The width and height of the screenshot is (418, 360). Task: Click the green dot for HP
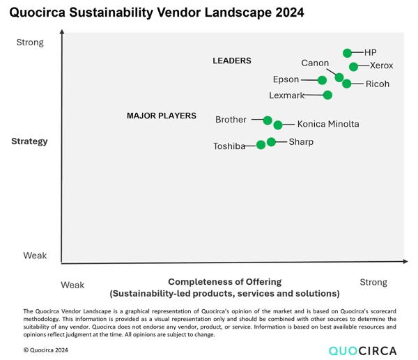[348, 53]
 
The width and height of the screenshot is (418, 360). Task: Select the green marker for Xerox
[354, 67]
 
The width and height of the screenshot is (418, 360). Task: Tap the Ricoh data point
[347, 84]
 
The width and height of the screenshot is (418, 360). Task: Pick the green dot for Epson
[323, 80]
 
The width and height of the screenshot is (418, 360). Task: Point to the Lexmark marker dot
[327, 95]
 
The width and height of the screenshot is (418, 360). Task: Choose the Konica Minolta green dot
[278, 125]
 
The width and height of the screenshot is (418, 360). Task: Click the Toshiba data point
[261, 145]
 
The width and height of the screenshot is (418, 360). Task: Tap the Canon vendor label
[315, 63]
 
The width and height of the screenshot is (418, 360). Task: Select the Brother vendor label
[231, 120]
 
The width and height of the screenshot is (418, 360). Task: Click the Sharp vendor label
[301, 142]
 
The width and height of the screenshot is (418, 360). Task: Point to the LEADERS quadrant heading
[231, 61]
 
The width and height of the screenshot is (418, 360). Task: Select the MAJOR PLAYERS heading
[161, 116]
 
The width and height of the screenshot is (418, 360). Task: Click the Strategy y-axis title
[29, 141]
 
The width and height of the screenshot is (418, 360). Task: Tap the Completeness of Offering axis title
[224, 282]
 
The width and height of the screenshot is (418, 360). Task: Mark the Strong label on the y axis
[30, 42]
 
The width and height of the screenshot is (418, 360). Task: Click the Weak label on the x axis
[72, 285]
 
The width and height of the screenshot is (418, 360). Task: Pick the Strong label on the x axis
[373, 282]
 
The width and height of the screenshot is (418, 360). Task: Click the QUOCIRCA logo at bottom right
[362, 350]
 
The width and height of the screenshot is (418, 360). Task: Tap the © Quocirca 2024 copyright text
[47, 350]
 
